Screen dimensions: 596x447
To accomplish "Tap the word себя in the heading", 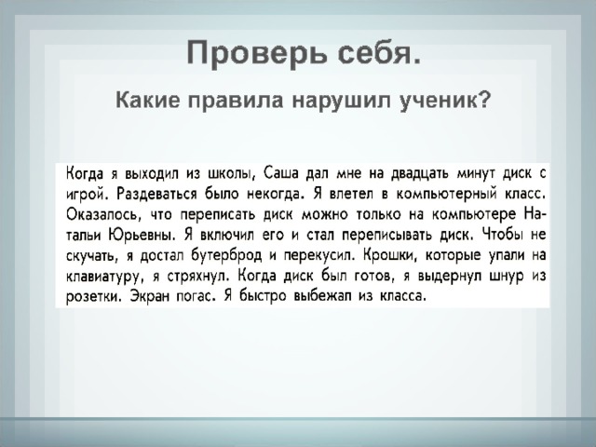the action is (x=379, y=54).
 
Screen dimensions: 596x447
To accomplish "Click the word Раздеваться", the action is (x=156, y=195).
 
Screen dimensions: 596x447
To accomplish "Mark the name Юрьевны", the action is (x=142, y=236).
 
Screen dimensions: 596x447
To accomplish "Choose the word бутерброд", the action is (x=226, y=255).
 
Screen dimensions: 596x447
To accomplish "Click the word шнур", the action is (x=508, y=277).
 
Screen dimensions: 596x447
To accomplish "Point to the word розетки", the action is (x=94, y=296).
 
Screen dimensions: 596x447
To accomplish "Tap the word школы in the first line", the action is (x=230, y=173).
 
